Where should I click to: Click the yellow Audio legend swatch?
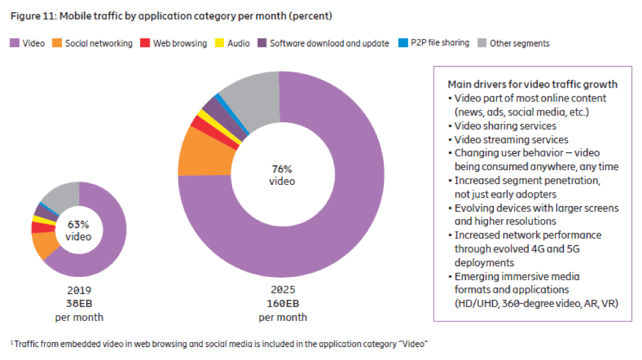(x=221, y=43)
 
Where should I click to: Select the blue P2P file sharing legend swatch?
(x=403, y=43)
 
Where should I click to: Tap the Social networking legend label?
(x=98, y=43)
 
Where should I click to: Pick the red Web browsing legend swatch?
(x=145, y=43)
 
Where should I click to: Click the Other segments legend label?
(x=519, y=43)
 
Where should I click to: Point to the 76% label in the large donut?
(x=281, y=169)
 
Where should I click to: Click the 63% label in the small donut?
(x=79, y=225)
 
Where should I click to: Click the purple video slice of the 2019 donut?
(x=109, y=237)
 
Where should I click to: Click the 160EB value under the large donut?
(x=282, y=304)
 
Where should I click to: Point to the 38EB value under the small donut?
(x=79, y=304)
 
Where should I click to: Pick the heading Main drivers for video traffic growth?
(x=533, y=84)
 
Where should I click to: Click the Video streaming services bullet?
(x=512, y=139)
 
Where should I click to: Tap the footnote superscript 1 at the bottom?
(x=12, y=343)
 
